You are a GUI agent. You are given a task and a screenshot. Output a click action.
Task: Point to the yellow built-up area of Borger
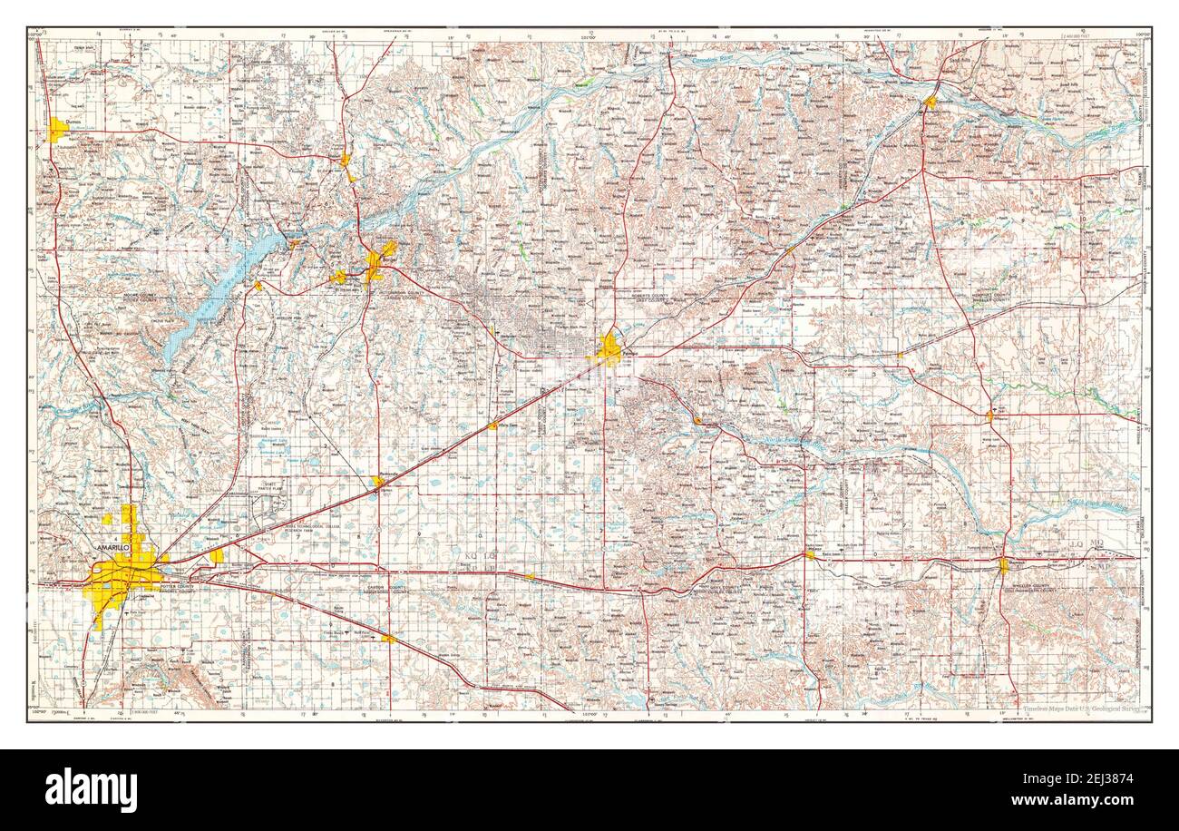click(x=376, y=263)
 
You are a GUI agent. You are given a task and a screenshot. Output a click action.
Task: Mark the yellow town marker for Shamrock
click(x=1003, y=565)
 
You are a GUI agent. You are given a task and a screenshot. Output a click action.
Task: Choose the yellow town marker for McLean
click(x=809, y=554)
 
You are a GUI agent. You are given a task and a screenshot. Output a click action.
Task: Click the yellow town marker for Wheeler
click(x=990, y=416)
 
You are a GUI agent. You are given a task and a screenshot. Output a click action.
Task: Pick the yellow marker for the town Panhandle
click(x=377, y=482)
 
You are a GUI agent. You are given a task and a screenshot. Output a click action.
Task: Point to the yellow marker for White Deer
click(x=492, y=425)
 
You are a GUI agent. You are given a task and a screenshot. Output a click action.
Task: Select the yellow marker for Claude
click(x=388, y=639)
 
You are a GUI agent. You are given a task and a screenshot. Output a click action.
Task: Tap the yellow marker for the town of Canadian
click(x=930, y=103)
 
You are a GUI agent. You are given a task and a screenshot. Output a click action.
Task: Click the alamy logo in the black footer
click(x=91, y=788)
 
